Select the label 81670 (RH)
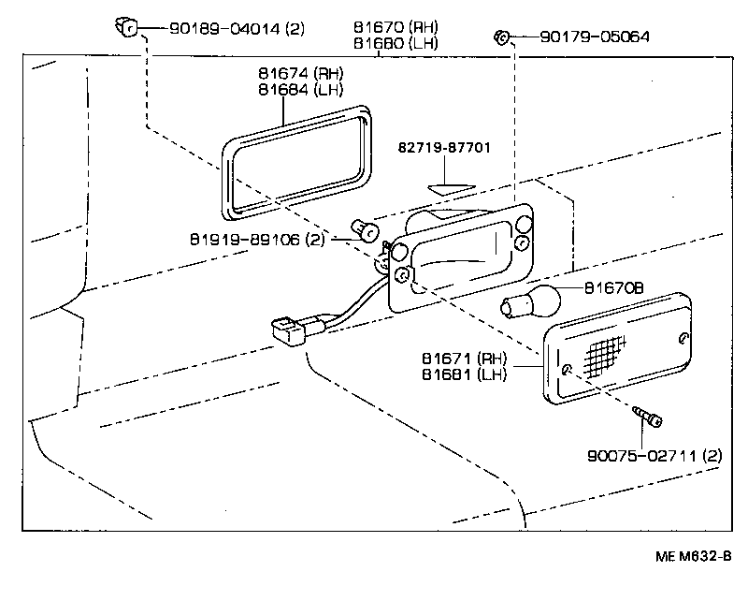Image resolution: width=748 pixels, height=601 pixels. click(x=395, y=28)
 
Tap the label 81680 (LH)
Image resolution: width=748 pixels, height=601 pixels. click(x=395, y=43)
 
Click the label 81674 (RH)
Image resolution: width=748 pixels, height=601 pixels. click(x=301, y=73)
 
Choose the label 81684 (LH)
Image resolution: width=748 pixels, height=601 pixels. click(x=301, y=90)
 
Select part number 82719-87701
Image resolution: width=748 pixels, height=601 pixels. click(x=444, y=149)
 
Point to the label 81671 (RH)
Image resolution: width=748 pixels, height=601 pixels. click(x=465, y=359)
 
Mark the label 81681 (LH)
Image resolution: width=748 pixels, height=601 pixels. click(x=465, y=374)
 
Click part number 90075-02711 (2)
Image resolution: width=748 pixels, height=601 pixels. click(x=654, y=456)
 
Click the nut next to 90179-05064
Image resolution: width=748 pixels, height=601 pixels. click(x=501, y=37)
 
